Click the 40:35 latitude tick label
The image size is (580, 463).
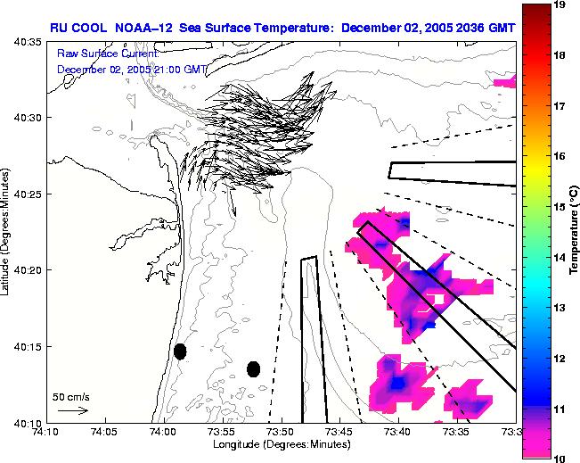(29, 42)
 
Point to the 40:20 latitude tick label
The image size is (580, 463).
(29, 270)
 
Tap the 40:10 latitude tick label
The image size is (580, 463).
(29, 422)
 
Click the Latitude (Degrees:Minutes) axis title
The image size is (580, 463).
(8, 233)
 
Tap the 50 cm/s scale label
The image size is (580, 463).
(70, 396)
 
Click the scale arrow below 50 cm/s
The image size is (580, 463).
(71, 410)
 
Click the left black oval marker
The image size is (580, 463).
(180, 351)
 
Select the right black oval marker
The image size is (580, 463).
(253, 368)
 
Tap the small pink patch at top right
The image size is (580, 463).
(505, 82)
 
